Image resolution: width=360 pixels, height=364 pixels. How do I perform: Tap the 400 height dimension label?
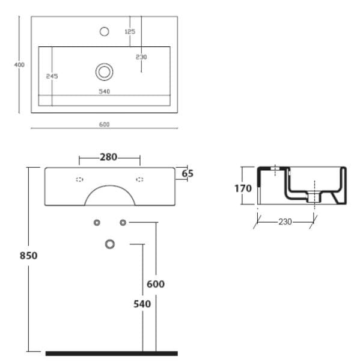pyautogui.click(x=19, y=65)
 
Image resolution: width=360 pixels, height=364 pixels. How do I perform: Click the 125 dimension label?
pyautogui.click(x=130, y=31)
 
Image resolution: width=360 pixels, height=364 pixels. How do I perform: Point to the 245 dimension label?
pyautogui.click(x=52, y=76)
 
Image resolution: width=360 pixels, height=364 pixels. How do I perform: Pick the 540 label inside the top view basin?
pyautogui.click(x=105, y=91)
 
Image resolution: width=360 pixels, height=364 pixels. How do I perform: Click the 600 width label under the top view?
pyautogui.click(x=105, y=125)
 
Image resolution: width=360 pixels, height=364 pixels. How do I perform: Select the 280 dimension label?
pyautogui.click(x=109, y=157)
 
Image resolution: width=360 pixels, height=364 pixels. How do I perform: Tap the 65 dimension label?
pyautogui.click(x=188, y=173)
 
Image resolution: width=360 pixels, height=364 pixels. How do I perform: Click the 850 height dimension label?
pyautogui.click(x=28, y=256)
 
